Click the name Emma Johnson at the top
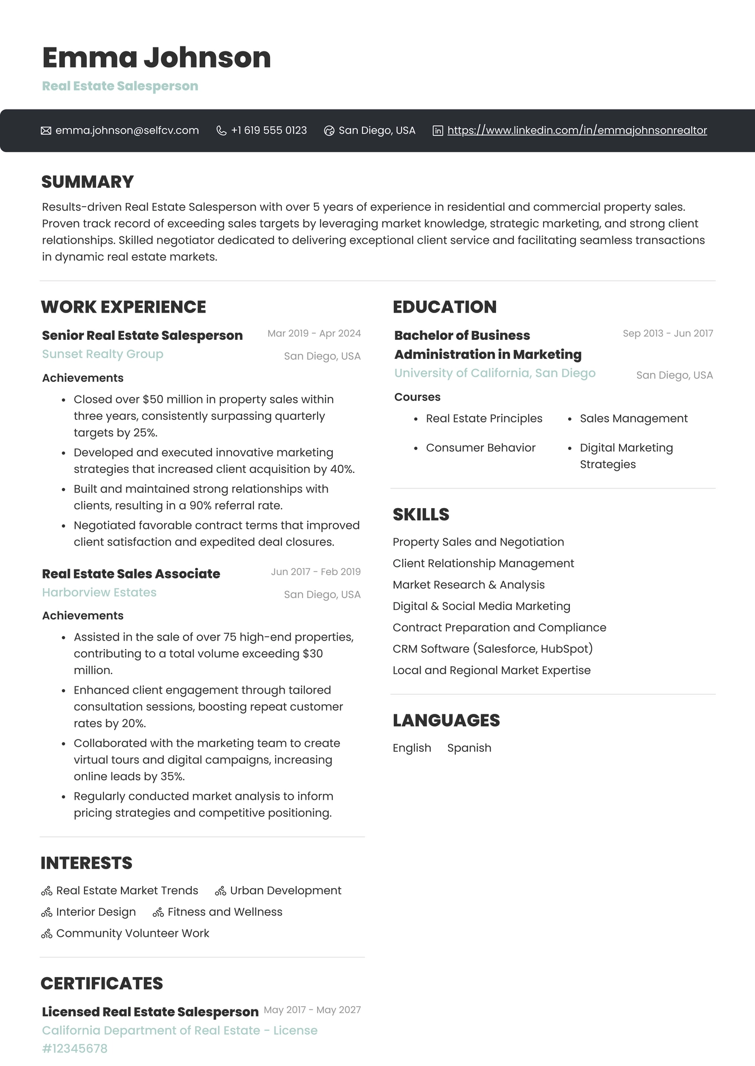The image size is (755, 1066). (156, 58)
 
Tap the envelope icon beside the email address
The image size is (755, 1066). (46, 131)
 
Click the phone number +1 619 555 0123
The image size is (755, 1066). (268, 130)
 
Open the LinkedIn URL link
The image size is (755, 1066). (577, 130)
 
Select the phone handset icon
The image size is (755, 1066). (221, 131)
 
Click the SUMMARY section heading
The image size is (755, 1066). (87, 182)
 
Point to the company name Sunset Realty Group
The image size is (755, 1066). (102, 354)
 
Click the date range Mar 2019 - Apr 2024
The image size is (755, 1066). (314, 333)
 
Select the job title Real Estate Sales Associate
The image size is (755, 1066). (131, 574)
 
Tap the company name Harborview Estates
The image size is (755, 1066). (99, 593)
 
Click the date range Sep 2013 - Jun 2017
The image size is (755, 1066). (668, 333)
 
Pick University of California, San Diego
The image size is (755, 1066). (494, 373)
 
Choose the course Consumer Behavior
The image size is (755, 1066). (480, 448)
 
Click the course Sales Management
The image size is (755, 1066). (634, 419)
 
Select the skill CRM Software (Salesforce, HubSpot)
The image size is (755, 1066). (492, 649)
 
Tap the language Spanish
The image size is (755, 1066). (469, 748)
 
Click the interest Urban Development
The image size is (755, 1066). (285, 890)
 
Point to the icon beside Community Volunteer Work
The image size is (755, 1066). (47, 934)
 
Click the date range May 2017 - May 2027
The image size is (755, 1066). (312, 1010)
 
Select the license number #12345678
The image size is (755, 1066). (74, 1049)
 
